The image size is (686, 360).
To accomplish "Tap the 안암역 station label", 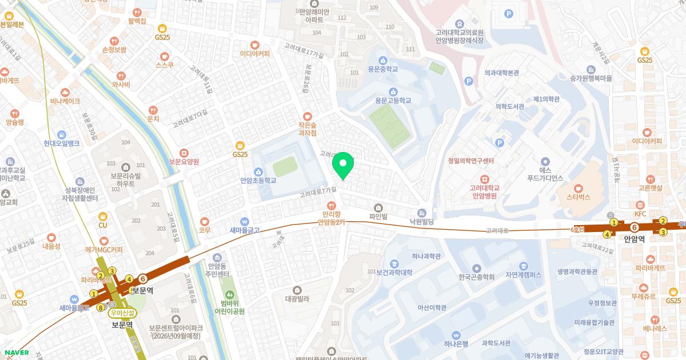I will (634, 240).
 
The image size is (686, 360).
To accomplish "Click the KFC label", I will (640, 213).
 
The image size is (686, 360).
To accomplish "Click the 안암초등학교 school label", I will (258, 180).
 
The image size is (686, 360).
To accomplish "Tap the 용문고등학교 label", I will (393, 101).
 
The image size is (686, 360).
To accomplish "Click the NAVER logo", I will (17, 353).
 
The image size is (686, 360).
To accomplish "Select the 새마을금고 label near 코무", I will (245, 230).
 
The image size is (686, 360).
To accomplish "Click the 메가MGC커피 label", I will (103, 249).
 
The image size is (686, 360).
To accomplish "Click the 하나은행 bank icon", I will (456, 335).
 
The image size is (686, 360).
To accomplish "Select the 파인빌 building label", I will (378, 217).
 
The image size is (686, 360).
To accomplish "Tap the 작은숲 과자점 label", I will (308, 128).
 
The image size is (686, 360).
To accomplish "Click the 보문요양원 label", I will (184, 162).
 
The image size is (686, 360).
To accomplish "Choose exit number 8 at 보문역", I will (101, 307).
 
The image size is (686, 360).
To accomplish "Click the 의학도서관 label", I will (510, 106).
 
